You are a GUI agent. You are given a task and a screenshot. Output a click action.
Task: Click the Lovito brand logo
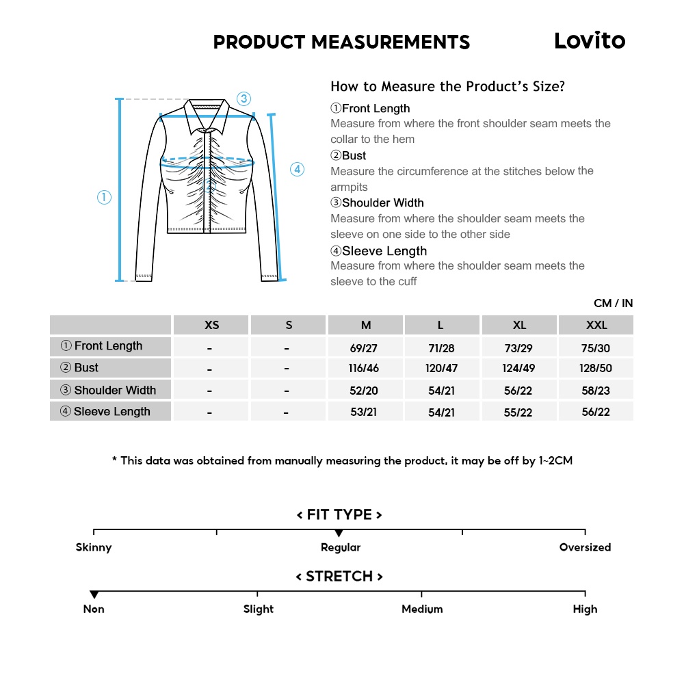pyautogui.click(x=590, y=41)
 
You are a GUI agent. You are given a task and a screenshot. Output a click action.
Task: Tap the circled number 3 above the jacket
pyautogui.click(x=244, y=98)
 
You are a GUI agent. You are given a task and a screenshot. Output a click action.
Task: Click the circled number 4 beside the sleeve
pyautogui.click(x=297, y=170)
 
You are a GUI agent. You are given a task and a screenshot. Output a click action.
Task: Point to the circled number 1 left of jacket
pyautogui.click(x=104, y=198)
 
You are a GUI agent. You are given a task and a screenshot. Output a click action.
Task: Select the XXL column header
pyautogui.click(x=596, y=325)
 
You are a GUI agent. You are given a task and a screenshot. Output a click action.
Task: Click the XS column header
pyautogui.click(x=211, y=325)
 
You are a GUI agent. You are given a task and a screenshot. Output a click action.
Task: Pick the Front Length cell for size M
pyautogui.click(x=364, y=348)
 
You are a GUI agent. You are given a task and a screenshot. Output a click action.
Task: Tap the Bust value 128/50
pyautogui.click(x=596, y=369)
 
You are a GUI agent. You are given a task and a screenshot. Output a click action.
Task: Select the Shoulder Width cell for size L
pyautogui.click(x=441, y=391)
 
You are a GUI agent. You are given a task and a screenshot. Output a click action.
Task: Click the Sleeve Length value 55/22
pyautogui.click(x=518, y=412)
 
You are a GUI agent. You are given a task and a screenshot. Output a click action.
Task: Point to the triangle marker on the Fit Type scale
pyautogui.click(x=339, y=534)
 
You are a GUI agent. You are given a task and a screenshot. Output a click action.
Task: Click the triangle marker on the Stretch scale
pyautogui.click(x=94, y=595)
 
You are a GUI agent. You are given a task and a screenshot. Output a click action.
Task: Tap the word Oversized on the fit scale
pyautogui.click(x=585, y=547)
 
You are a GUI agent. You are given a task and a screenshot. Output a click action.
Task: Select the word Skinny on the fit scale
pyautogui.click(x=94, y=547)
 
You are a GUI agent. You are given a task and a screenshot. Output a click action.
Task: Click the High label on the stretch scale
pyautogui.click(x=585, y=609)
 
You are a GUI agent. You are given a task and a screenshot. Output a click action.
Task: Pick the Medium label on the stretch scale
pyautogui.click(x=422, y=609)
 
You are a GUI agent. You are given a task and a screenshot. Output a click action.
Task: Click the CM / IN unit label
pyautogui.click(x=613, y=303)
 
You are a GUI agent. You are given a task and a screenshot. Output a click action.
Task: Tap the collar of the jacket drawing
pyautogui.click(x=208, y=109)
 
